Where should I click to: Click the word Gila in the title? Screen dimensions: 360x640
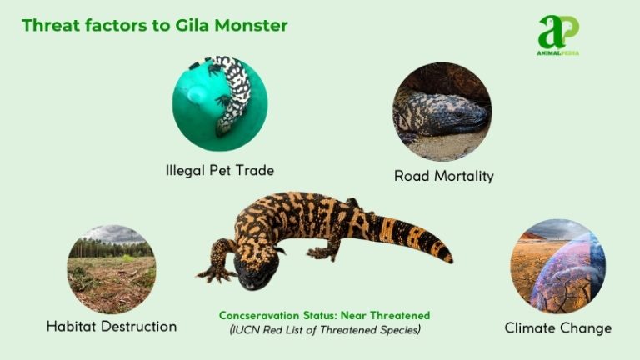(181, 25)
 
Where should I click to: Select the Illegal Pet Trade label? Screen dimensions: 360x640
(219, 170)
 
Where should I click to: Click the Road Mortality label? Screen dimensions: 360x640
(444, 176)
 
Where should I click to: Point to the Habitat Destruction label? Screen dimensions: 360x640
(112, 327)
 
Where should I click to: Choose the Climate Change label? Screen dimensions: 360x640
(557, 328)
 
